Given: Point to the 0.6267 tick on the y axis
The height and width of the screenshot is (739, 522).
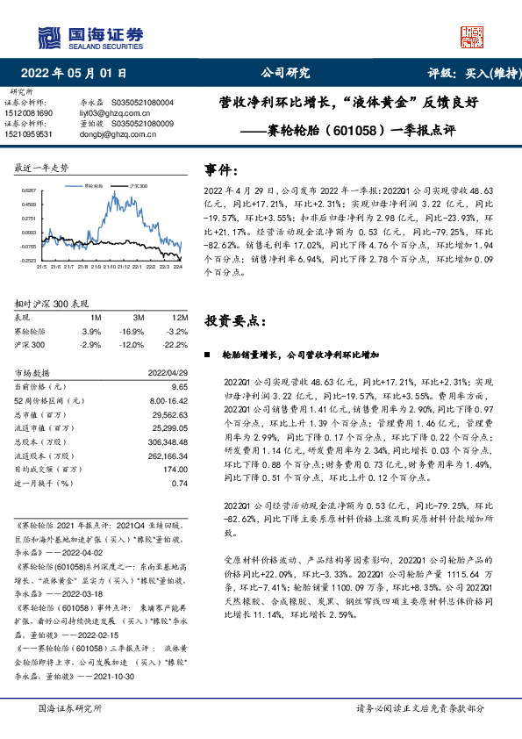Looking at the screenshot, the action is [29, 190].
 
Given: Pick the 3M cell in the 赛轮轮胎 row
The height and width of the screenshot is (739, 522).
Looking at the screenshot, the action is [134, 332].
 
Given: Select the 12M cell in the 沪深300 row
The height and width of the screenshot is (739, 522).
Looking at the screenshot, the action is [178, 345].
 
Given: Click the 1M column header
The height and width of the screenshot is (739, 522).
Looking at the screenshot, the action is [96, 318].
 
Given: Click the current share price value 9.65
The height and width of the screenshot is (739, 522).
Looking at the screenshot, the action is [180, 386].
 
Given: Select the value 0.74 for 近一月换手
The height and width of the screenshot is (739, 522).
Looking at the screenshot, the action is [180, 483].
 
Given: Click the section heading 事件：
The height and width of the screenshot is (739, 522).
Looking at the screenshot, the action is [221, 168].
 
